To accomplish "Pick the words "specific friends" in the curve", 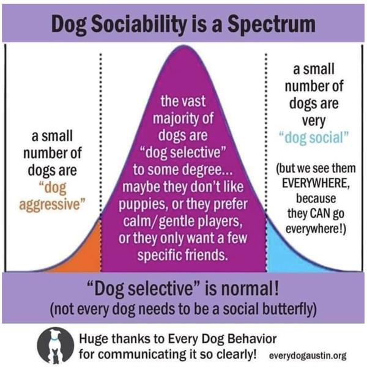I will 184,253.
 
